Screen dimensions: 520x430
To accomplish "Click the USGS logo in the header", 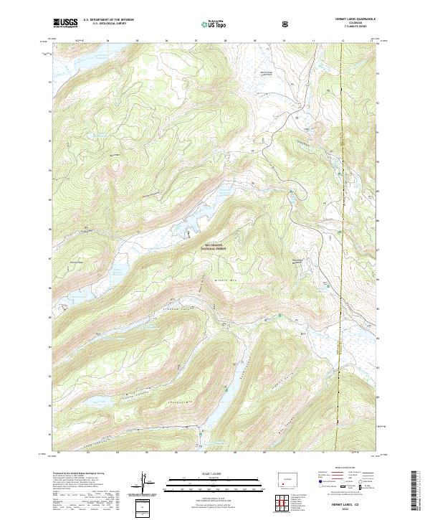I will [66, 24].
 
